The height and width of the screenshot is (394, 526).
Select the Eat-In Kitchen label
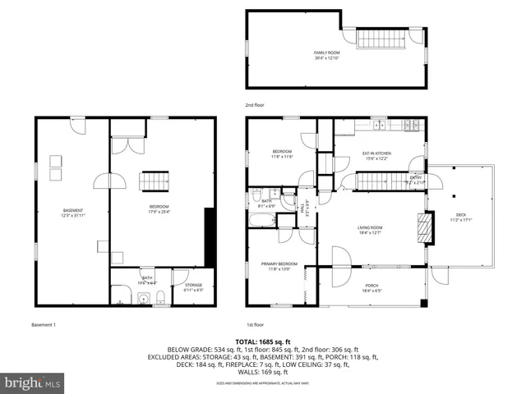click(x=376, y=155)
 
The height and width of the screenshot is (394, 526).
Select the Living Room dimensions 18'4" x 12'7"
click(x=370, y=233)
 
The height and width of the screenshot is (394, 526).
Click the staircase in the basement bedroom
click(x=155, y=181)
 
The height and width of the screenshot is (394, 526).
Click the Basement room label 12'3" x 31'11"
click(x=73, y=215)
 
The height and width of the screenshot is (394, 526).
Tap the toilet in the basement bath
click(x=163, y=297)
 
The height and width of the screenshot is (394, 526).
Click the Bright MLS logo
click(x=31, y=383)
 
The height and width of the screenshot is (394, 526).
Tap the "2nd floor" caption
click(x=255, y=105)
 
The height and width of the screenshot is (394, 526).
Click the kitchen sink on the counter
click(x=379, y=126)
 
